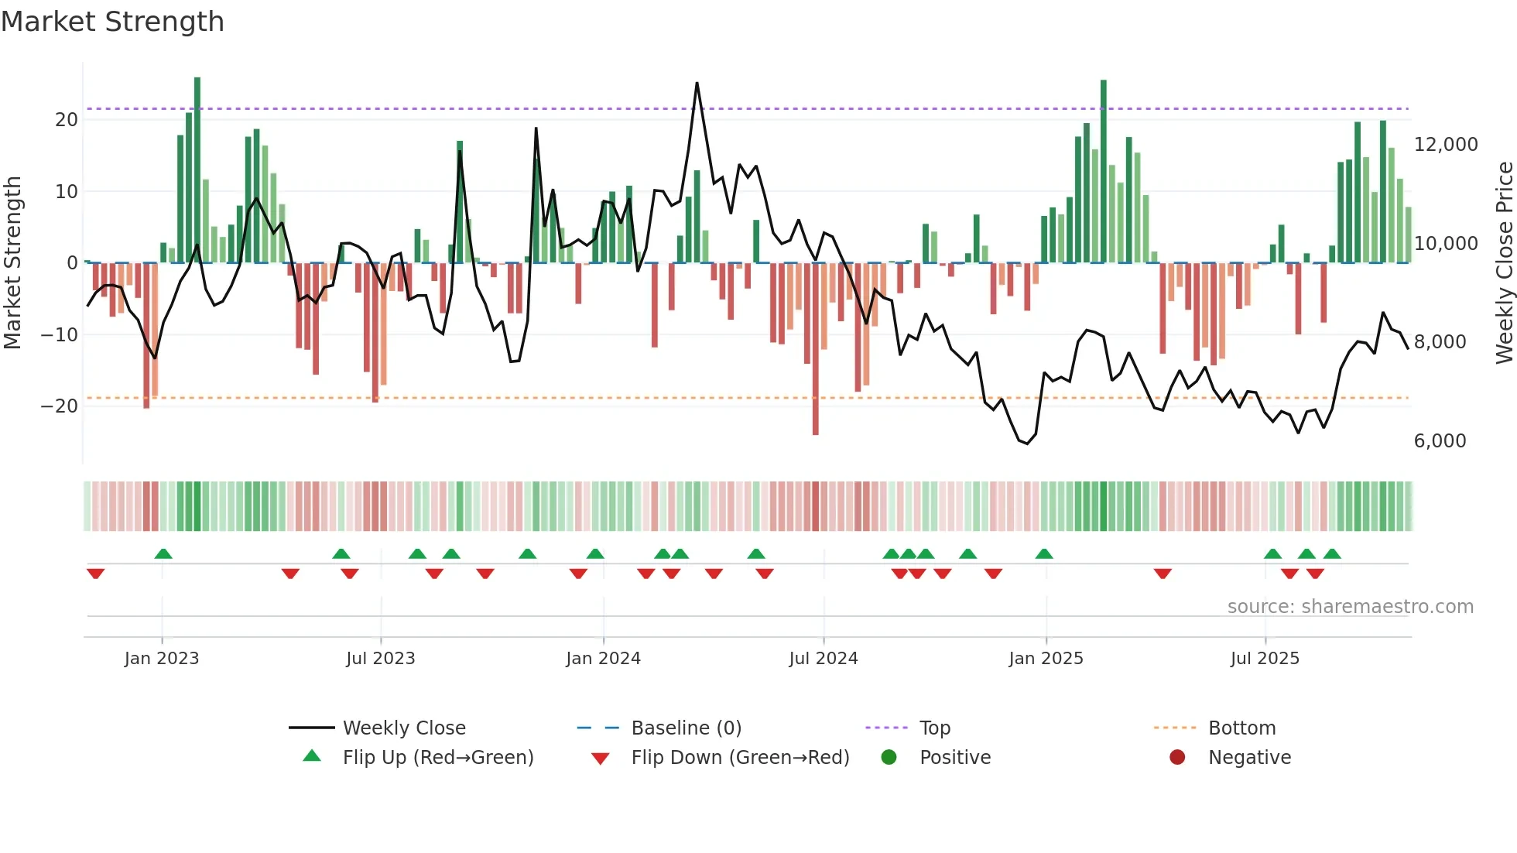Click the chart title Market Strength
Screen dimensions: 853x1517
(x=112, y=22)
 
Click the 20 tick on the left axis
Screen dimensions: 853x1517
(x=67, y=120)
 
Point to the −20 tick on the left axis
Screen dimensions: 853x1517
(x=60, y=406)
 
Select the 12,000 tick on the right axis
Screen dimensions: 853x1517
(x=1445, y=145)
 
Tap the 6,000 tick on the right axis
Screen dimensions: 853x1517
(x=1440, y=441)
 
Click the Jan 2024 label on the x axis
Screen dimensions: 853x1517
(x=603, y=659)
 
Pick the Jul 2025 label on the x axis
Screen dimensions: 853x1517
(x=1265, y=659)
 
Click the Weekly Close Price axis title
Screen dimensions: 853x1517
(x=1504, y=263)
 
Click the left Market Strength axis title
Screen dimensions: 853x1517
(x=12, y=263)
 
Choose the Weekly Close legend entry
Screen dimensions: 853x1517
(x=404, y=728)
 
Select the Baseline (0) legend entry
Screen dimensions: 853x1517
(x=686, y=728)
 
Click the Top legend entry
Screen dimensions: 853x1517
(x=934, y=728)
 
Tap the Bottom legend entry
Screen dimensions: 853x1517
(x=1241, y=728)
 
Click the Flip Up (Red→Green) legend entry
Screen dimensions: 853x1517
(x=438, y=758)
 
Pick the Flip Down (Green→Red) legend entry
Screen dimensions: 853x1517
(x=740, y=758)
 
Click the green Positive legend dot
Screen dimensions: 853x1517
(x=889, y=758)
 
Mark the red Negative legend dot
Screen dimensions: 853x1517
(x=1177, y=758)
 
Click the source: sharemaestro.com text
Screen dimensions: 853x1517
(x=1350, y=607)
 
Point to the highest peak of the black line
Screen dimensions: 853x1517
(x=697, y=84)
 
